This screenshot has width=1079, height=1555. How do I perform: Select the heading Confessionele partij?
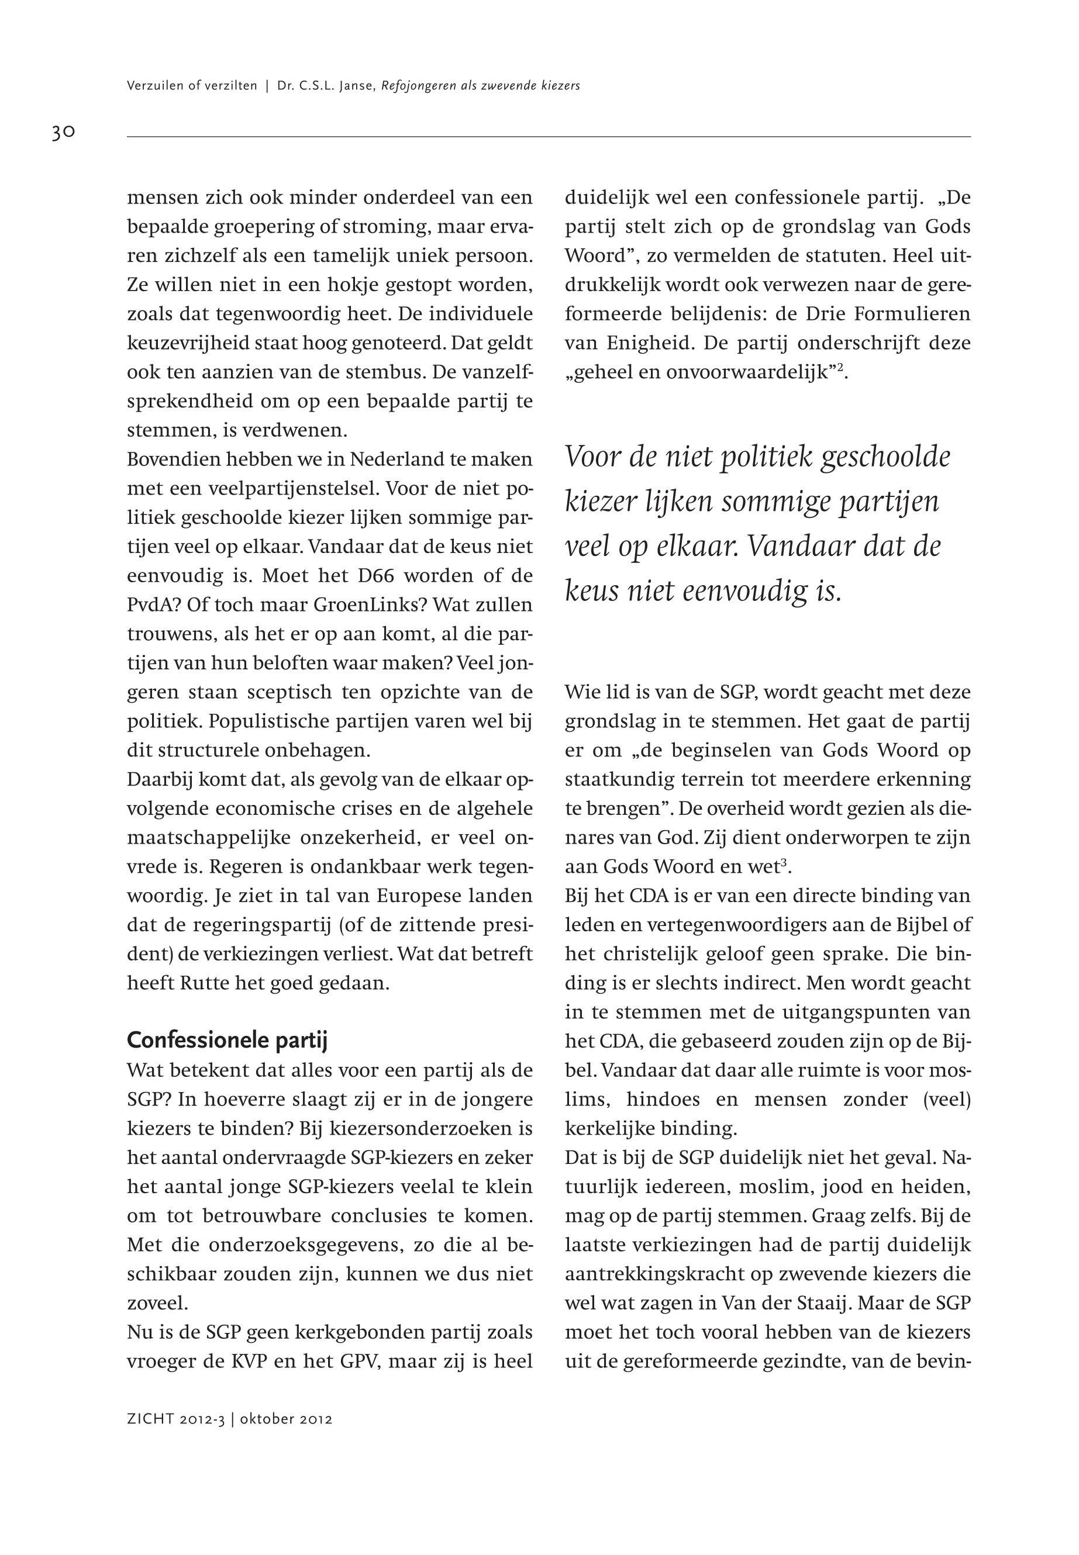[226, 1041]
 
